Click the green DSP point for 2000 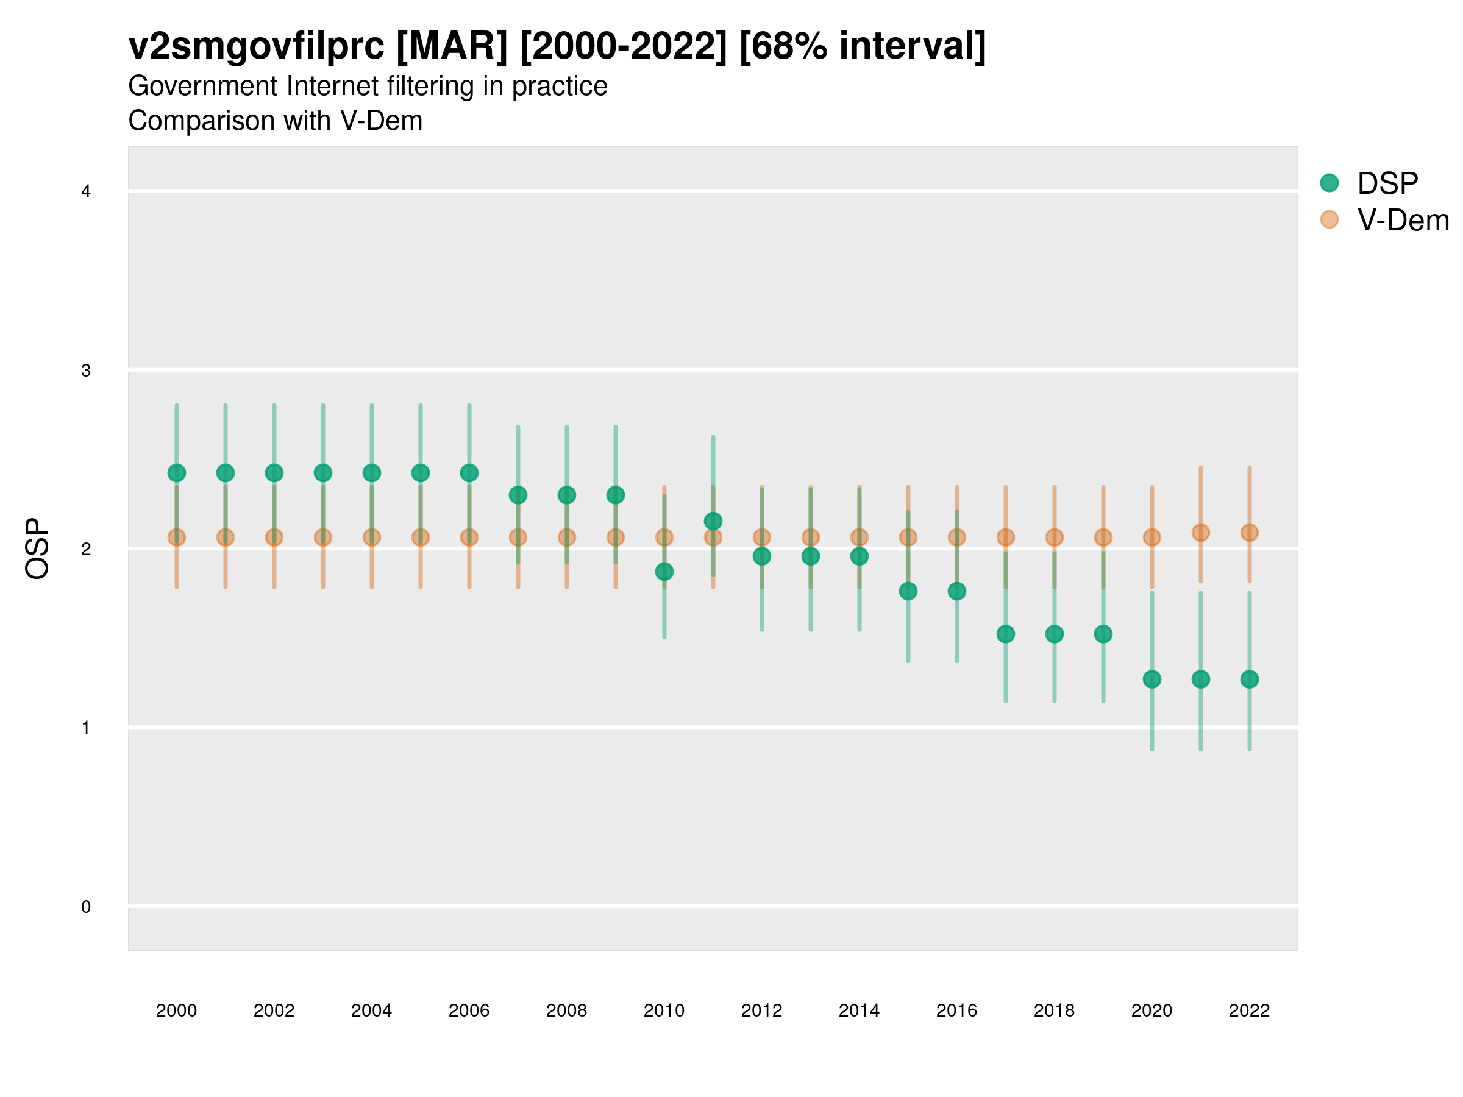point(177,473)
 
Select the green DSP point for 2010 point(664,571)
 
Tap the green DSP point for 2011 point(713,521)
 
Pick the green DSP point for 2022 point(1250,679)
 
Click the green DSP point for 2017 point(1005,634)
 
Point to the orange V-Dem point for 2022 point(1250,532)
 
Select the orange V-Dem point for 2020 point(1152,538)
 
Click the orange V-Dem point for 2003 point(322,538)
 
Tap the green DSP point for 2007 point(518,495)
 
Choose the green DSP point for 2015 point(908,591)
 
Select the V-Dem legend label point(1403,220)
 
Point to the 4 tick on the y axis point(86,192)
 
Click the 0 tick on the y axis point(86,907)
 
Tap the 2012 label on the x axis point(761,1010)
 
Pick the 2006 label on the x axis point(469,1010)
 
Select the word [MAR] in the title point(452,46)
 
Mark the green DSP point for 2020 point(1152,679)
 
